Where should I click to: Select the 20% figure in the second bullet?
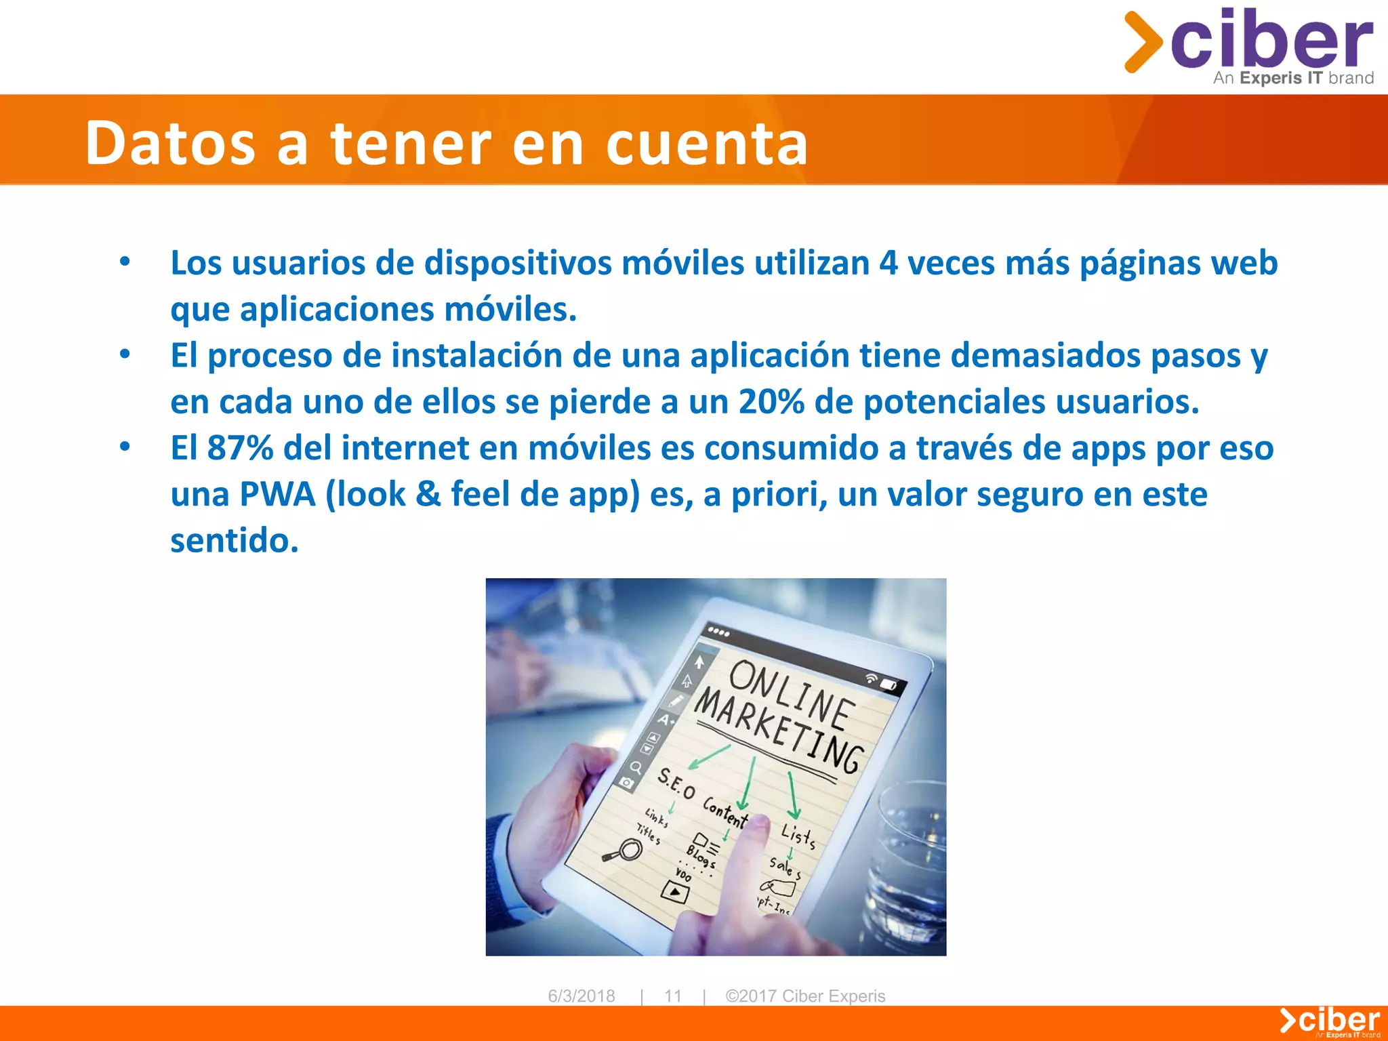(x=771, y=402)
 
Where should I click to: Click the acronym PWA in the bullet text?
(x=277, y=494)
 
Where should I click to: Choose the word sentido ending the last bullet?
(x=234, y=541)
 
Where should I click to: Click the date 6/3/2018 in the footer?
(x=581, y=996)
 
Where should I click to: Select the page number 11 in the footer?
(x=672, y=996)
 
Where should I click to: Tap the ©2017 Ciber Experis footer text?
(x=805, y=996)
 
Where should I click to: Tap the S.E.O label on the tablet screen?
(x=676, y=783)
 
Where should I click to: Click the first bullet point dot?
(x=125, y=262)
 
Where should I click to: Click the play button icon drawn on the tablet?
(x=674, y=891)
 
